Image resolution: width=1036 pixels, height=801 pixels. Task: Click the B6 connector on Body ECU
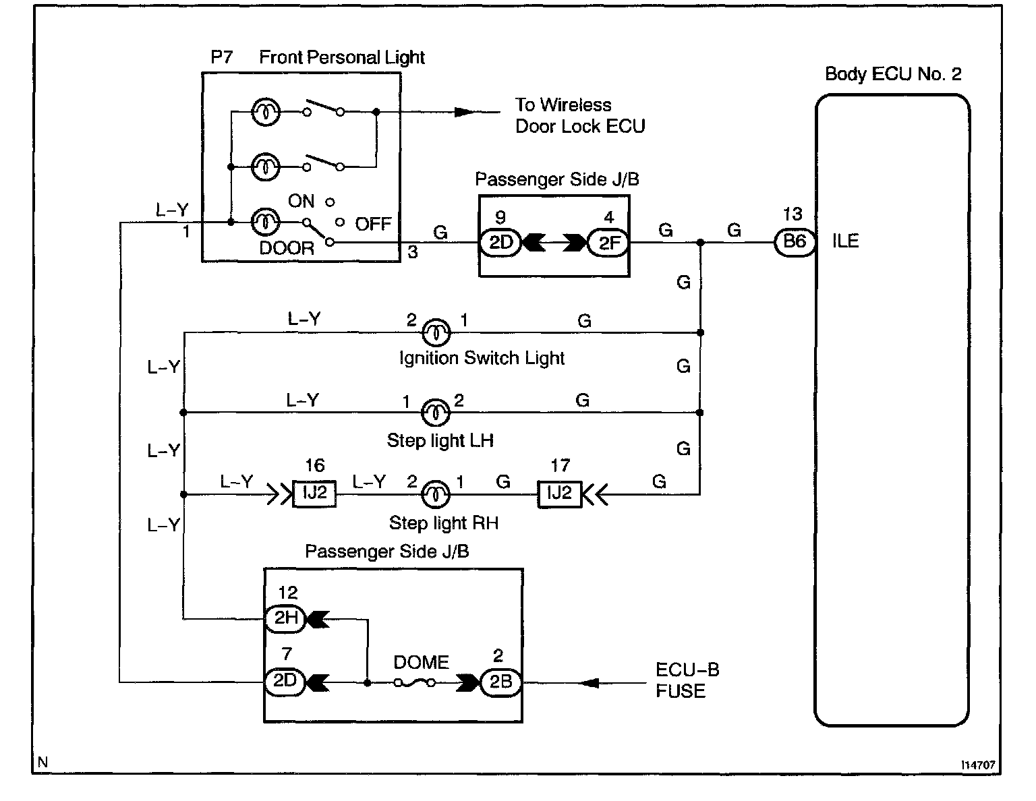(795, 242)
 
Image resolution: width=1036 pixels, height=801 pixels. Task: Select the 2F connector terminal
(608, 243)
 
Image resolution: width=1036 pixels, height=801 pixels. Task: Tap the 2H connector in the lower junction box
(285, 618)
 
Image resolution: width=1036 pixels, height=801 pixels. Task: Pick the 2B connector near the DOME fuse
(500, 682)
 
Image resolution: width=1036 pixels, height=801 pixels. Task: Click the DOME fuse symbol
(414, 683)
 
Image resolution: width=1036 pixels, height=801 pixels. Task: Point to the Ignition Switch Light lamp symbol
(436, 332)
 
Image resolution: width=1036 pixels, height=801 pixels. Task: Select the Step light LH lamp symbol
(435, 412)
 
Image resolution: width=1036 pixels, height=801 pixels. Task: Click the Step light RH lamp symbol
(435, 494)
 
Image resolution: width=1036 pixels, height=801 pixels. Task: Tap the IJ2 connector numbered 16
(314, 494)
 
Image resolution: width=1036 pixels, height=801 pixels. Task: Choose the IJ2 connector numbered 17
(559, 494)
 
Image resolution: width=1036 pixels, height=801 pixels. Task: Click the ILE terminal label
(845, 241)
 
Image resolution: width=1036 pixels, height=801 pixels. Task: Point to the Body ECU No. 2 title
(893, 74)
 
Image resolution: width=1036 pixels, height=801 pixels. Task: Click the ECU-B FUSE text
(687, 680)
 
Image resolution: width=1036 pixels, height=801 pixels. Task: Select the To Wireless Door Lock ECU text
(580, 115)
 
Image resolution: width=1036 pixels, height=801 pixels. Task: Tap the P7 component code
(222, 57)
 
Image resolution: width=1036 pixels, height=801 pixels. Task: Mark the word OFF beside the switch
(373, 224)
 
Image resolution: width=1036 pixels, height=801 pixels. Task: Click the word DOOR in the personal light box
(287, 248)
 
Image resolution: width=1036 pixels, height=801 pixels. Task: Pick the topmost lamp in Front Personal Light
(266, 112)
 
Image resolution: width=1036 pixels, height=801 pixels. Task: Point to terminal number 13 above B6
(793, 214)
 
